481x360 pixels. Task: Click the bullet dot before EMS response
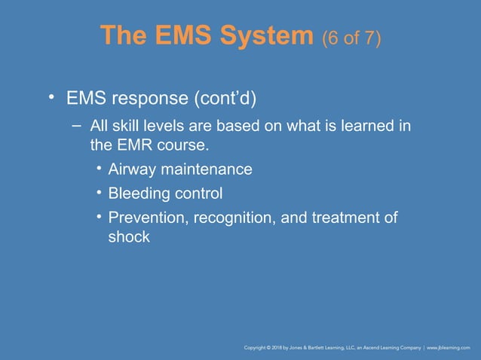[x=51, y=97]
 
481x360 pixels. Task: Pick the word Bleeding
[x=138, y=194]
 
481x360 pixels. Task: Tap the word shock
[x=129, y=236]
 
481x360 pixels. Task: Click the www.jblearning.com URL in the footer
[x=449, y=347]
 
